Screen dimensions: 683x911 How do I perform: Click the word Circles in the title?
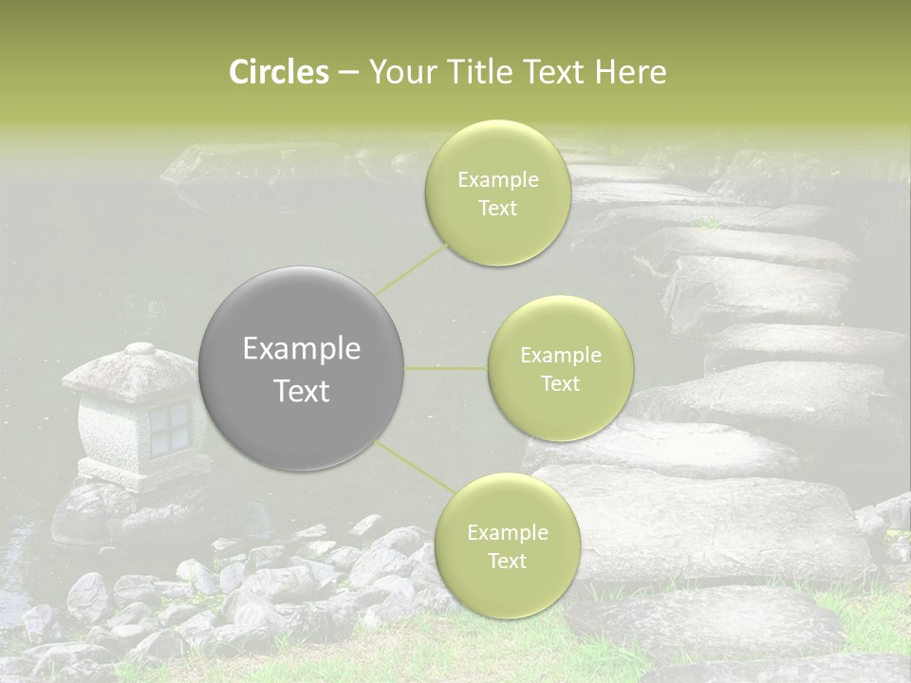[279, 72]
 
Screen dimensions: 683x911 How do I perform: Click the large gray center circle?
[302, 368]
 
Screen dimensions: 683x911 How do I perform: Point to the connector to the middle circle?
[446, 368]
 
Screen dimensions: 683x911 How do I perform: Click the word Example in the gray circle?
[302, 349]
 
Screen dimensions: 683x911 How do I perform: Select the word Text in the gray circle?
[302, 391]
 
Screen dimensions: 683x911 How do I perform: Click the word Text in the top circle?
[497, 209]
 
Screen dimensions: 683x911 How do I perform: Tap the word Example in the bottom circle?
[507, 533]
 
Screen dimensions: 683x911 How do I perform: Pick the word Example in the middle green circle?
[560, 356]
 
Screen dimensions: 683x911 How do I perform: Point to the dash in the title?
[348, 72]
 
